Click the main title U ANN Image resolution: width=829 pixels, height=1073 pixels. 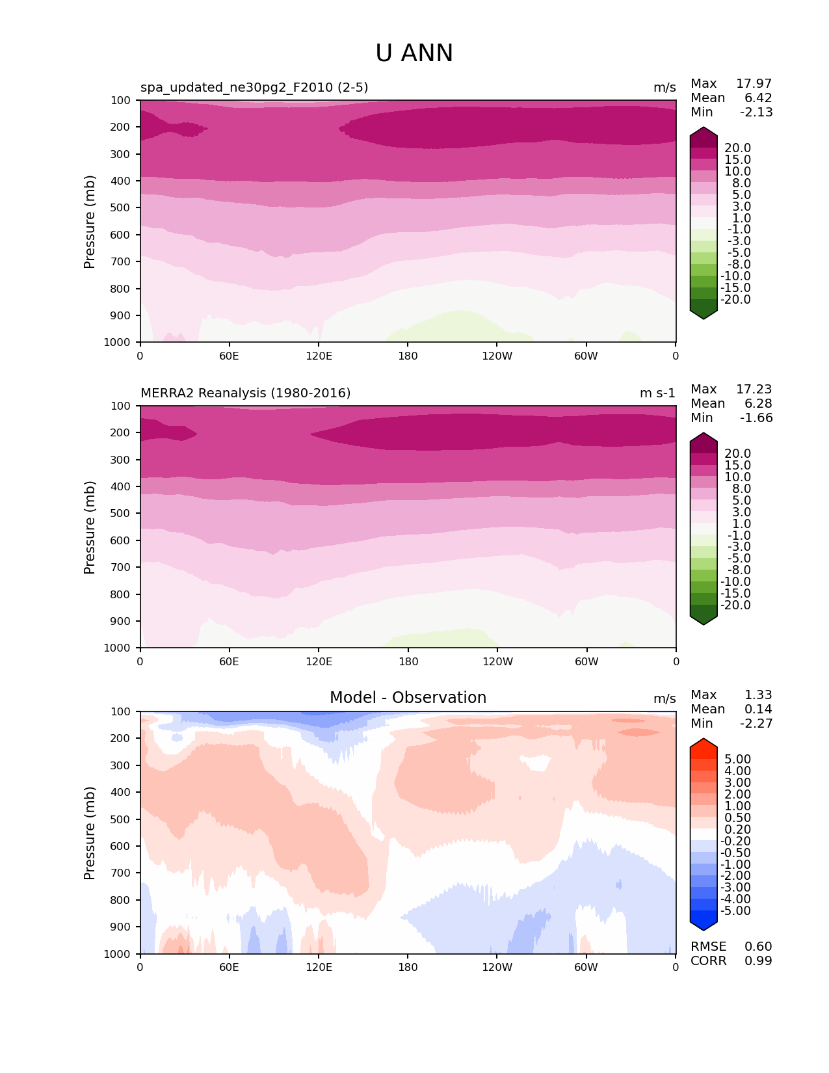coord(414,53)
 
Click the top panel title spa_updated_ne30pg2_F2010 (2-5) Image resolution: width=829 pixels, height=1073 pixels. coord(254,88)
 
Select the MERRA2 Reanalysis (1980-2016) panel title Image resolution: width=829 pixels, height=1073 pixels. coord(246,393)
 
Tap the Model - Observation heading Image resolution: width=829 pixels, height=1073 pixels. coord(408,698)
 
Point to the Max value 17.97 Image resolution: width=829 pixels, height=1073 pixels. coord(754,84)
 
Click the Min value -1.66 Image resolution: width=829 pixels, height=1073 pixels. coord(756,418)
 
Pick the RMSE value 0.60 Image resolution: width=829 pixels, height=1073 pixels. coord(758,947)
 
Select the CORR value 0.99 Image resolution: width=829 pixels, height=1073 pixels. coord(758,961)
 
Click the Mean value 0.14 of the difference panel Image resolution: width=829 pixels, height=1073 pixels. coord(758,709)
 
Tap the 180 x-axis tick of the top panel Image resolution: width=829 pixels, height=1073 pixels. coord(408,356)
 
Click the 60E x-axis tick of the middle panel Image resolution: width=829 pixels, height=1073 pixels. coord(229,662)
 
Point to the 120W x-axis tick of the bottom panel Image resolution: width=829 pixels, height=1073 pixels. coord(497,968)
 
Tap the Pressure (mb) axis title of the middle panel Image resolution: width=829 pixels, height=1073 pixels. coord(90,527)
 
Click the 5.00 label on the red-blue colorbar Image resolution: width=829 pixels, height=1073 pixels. coord(737,760)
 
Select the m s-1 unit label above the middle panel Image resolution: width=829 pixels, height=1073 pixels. coord(657,393)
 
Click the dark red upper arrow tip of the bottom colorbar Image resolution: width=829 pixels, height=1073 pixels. coord(704,743)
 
